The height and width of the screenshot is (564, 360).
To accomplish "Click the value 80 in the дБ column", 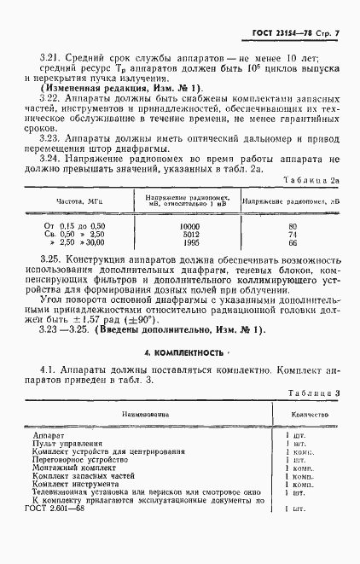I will [x=293, y=226].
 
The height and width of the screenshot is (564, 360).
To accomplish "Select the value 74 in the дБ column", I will [x=293, y=234].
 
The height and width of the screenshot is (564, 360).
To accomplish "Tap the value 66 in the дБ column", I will [x=293, y=242].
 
